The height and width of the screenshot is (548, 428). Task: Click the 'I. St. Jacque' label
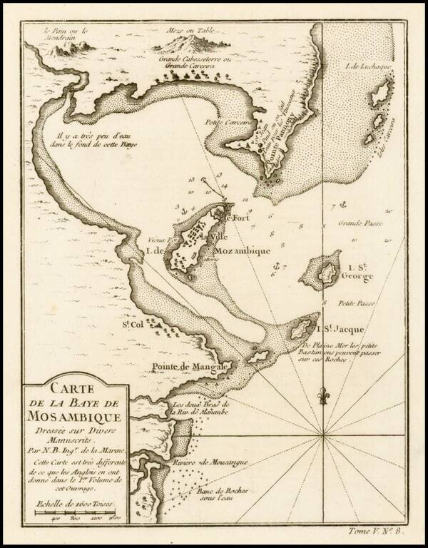point(340,329)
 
